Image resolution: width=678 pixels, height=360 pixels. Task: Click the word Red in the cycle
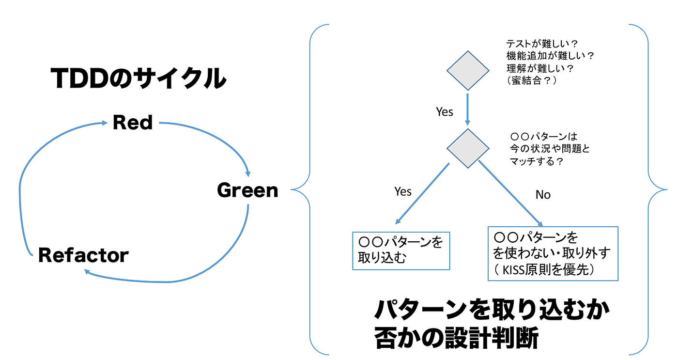[132, 122]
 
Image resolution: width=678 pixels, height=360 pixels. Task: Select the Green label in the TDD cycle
[247, 190]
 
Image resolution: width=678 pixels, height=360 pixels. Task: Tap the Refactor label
[83, 255]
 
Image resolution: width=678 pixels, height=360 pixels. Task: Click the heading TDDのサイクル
[138, 79]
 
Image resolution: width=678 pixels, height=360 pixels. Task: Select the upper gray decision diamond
[467, 70]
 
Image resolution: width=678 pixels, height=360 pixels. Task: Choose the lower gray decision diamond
[467, 148]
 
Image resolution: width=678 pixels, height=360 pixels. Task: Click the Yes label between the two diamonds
[444, 112]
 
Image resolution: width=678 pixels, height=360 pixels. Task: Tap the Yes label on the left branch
[402, 192]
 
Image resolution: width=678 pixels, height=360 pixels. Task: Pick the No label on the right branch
[543, 195]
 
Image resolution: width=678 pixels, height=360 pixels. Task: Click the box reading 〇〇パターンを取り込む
[401, 250]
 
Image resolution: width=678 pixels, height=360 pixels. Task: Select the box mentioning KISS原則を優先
[553, 253]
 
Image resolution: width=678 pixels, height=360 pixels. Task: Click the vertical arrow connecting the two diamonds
[467, 109]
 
